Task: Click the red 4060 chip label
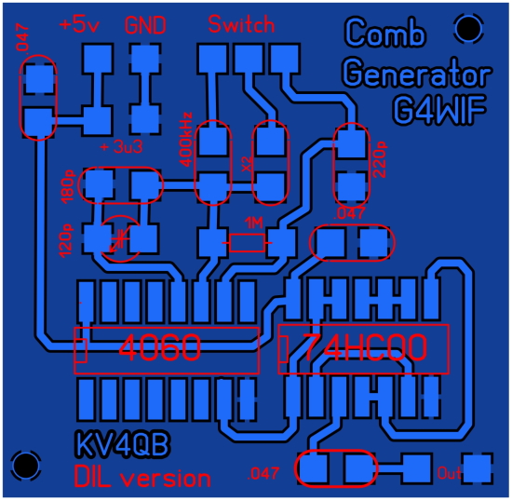160,348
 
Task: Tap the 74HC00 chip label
365,347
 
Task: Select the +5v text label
79,25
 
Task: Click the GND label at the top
145,25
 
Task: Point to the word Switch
241,24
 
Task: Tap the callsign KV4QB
123,444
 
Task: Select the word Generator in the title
417,74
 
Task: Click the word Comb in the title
385,32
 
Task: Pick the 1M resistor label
254,223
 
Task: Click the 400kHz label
186,140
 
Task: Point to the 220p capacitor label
380,160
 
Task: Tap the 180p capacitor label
68,187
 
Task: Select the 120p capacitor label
66,240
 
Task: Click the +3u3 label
121,147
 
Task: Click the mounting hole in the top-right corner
468,29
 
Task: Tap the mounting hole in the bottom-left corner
26,465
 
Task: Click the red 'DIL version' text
142,477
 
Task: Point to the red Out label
450,473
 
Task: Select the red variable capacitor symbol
120,238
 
